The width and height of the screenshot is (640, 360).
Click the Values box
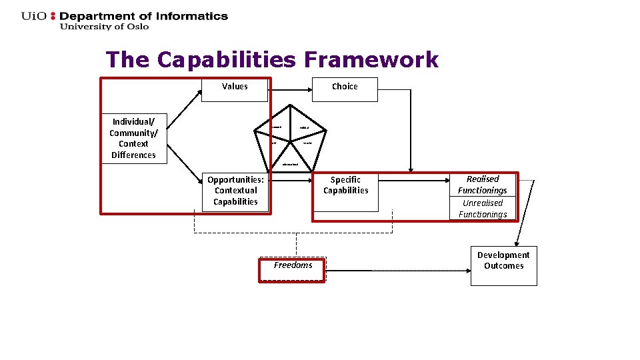(235, 89)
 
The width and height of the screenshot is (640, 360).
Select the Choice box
(345, 89)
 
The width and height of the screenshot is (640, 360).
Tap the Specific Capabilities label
(345, 185)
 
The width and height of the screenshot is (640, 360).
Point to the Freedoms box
(292, 266)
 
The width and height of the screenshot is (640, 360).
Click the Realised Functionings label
(482, 185)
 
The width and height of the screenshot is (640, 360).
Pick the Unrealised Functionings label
(482, 209)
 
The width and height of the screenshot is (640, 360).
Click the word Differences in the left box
(133, 155)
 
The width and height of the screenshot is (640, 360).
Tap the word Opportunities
(235, 179)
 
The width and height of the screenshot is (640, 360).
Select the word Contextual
(235, 191)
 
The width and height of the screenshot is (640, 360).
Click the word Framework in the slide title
(371, 60)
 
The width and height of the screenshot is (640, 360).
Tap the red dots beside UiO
(54, 16)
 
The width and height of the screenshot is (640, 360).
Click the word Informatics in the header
(193, 16)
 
